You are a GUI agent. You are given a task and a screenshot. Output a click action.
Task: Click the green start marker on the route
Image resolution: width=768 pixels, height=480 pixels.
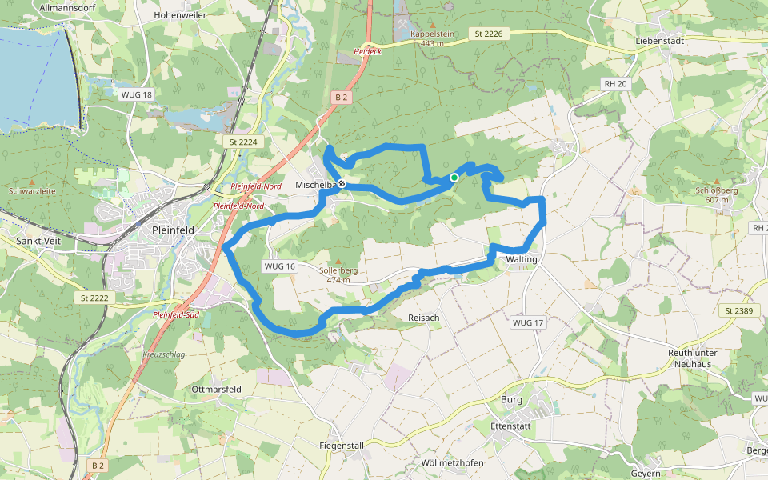454,178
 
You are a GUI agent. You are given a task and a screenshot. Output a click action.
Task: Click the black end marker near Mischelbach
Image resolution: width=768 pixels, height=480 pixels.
342,184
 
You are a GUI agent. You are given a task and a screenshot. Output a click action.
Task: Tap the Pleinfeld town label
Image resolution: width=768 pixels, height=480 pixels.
173,230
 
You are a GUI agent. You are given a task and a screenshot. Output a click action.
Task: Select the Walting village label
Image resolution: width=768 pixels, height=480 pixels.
522,259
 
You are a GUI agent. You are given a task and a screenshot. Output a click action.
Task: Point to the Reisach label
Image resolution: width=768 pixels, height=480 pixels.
424,318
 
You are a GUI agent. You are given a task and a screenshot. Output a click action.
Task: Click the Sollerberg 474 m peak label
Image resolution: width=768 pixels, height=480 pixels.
338,274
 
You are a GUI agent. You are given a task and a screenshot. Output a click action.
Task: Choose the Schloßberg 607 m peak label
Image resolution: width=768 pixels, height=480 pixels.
716,194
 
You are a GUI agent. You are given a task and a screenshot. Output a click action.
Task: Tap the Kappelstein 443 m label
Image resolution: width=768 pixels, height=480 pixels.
432,38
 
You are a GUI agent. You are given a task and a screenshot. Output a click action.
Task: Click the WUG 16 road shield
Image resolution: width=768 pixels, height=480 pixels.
280,266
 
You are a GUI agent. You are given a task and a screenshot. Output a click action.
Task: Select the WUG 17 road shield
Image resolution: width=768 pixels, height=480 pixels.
528,322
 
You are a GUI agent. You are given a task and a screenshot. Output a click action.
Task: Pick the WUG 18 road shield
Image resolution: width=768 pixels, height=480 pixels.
136,94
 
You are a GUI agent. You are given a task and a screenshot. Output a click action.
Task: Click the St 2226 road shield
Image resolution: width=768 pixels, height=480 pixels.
488,34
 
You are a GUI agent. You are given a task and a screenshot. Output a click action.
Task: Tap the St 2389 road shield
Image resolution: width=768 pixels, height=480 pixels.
739,310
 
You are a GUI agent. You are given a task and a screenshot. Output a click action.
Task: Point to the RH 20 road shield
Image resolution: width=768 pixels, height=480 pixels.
615,83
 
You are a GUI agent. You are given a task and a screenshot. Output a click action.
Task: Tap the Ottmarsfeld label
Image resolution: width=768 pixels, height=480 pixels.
217,389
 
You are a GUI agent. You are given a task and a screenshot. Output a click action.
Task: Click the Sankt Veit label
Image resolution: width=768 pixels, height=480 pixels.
38,239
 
